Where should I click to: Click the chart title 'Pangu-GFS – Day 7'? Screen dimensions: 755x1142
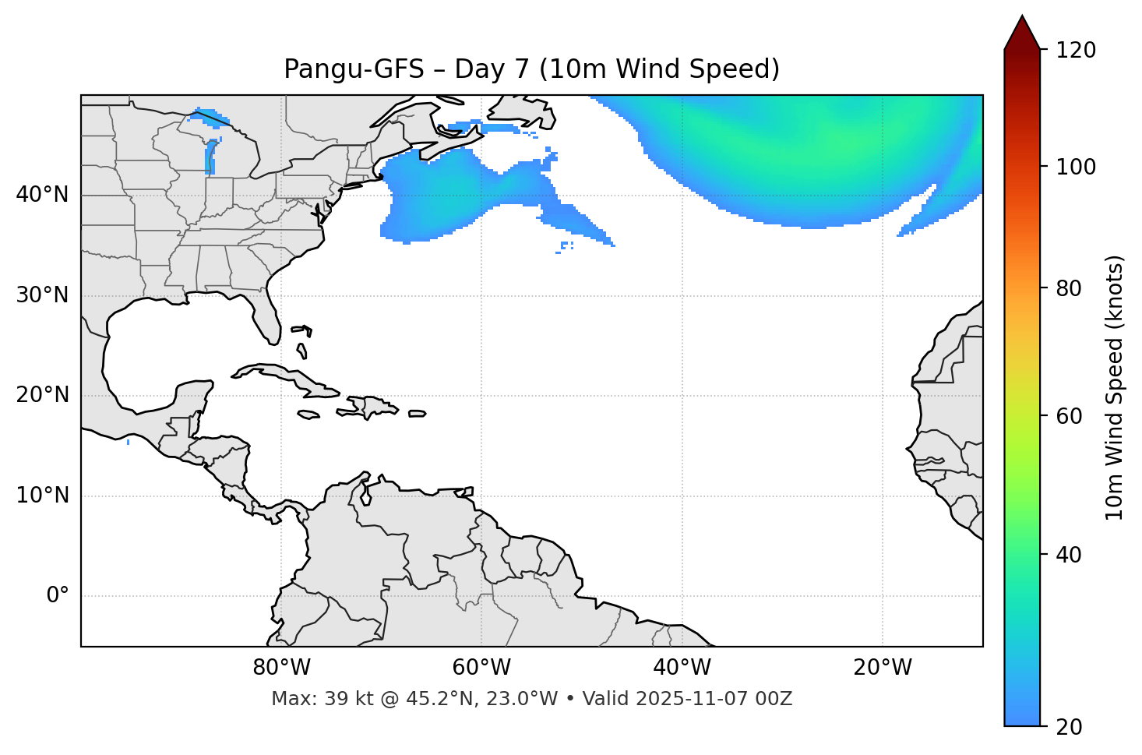tap(531, 69)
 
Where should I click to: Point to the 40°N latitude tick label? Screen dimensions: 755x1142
tap(42, 195)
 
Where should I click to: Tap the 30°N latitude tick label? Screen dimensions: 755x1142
tap(42, 295)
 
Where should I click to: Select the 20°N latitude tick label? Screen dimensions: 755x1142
tap(42, 395)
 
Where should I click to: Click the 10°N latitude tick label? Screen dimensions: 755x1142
tap(42, 496)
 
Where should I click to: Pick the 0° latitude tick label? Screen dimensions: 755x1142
tap(58, 596)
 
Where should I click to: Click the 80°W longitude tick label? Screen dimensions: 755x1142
tap(281, 668)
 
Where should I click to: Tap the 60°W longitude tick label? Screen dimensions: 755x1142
tap(481, 668)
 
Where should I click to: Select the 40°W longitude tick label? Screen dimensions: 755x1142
tap(682, 668)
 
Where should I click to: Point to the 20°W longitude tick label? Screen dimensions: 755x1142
tap(882, 668)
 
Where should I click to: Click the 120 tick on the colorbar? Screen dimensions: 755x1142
tap(1075, 51)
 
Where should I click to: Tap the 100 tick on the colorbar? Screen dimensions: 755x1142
tap(1075, 167)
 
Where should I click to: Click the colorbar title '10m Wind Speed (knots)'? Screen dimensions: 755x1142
tap(1115, 388)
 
